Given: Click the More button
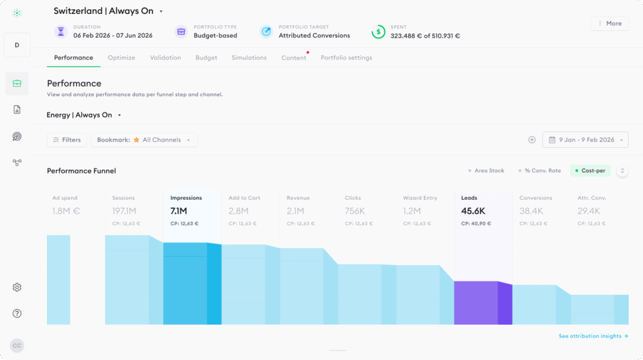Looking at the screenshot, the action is pos(609,23).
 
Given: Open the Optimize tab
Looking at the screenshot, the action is pos(121,58).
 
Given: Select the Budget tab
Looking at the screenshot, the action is pos(206,58).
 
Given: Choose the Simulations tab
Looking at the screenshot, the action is pos(249,58).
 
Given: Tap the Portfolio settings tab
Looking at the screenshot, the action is pos(347,58).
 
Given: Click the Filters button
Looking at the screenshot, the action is pos(67,140).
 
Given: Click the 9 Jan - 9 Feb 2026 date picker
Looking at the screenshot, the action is pos(585,140).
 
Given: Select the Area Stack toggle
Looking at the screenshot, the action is pos(487,171).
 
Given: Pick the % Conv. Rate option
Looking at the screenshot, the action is pos(539,171).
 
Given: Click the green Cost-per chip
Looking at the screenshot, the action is pos(590,171).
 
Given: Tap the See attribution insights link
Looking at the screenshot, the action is pos(593,336).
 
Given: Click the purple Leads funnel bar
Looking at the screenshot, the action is pos(483,303).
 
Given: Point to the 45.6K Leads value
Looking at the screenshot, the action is pos(473,211).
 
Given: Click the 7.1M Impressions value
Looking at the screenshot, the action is pos(179,211).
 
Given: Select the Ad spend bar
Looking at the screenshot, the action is pos(58,280).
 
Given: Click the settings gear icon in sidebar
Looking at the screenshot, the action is pos(17,287).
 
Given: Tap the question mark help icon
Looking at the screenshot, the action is pos(17,314).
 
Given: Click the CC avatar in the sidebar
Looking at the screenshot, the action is pos(17,346).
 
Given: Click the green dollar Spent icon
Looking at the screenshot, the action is pos(378,31).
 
